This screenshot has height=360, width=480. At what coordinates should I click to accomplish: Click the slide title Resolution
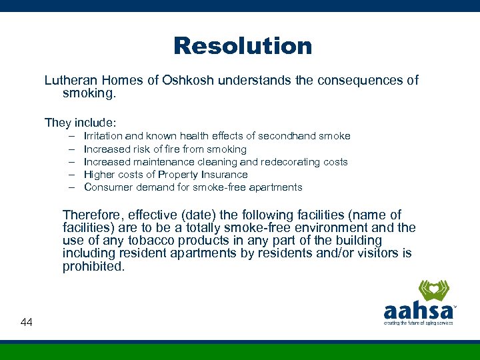243,46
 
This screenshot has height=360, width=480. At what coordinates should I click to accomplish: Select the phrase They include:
81,123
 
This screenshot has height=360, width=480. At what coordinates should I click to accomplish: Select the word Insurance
225,175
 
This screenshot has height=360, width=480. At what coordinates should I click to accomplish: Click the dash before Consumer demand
71,187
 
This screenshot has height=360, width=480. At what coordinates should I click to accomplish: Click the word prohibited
93,266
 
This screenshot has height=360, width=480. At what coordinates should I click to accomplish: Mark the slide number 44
27,323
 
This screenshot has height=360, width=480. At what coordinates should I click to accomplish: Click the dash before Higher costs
71,175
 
